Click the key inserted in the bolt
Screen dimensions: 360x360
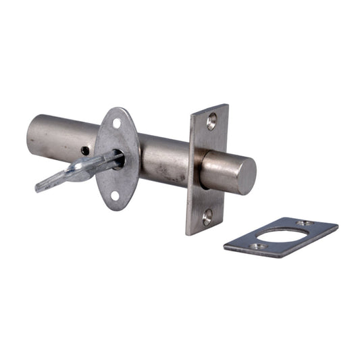coord(81,170)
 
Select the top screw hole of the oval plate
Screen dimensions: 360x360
coord(117,124)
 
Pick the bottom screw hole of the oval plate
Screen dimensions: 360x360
coord(115,196)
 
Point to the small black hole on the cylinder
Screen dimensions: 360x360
coord(84,151)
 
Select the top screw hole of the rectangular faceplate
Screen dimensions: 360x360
coord(212,122)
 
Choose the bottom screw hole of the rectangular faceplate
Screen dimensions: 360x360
coord(207,217)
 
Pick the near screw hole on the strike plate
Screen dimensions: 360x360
coord(257,247)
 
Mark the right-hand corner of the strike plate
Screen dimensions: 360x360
coord(336,228)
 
